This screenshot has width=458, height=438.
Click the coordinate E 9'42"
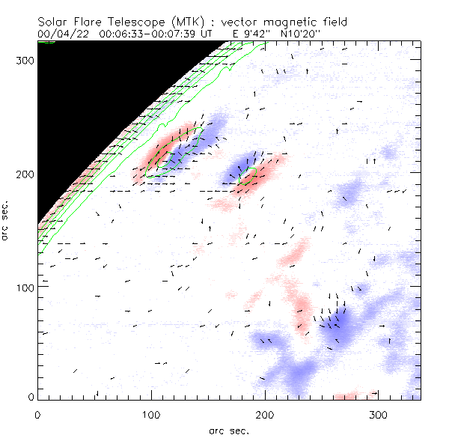coord(245,34)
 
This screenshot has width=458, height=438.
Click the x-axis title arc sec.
coord(229,430)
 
